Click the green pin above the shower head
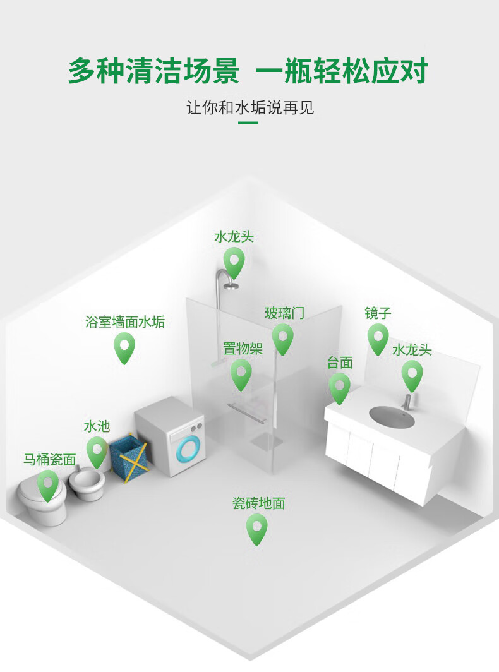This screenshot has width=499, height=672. tap(234, 261)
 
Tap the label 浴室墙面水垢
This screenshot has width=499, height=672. tap(125, 322)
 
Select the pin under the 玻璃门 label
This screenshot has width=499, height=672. tap(283, 338)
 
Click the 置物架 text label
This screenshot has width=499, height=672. tap(243, 349)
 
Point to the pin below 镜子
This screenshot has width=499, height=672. tap(378, 338)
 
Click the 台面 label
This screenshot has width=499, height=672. tap(340, 363)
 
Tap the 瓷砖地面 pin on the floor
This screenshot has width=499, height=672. tap(256, 528)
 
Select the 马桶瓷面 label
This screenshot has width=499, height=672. tap(49, 459)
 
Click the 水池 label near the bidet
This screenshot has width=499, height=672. tap(97, 427)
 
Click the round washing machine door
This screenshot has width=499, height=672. tap(188, 450)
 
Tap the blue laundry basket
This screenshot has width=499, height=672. tap(129, 457)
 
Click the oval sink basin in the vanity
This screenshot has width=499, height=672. tap(392, 417)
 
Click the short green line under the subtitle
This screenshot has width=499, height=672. tap(248, 123)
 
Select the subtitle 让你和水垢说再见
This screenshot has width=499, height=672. tap(250, 107)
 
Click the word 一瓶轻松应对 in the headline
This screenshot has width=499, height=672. tap(342, 71)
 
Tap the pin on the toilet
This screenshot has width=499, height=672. tap(47, 484)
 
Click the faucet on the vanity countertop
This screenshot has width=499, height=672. tap(407, 399)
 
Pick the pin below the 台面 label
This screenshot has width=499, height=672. tap(339, 387)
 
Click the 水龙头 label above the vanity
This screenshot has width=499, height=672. tap(412, 350)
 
